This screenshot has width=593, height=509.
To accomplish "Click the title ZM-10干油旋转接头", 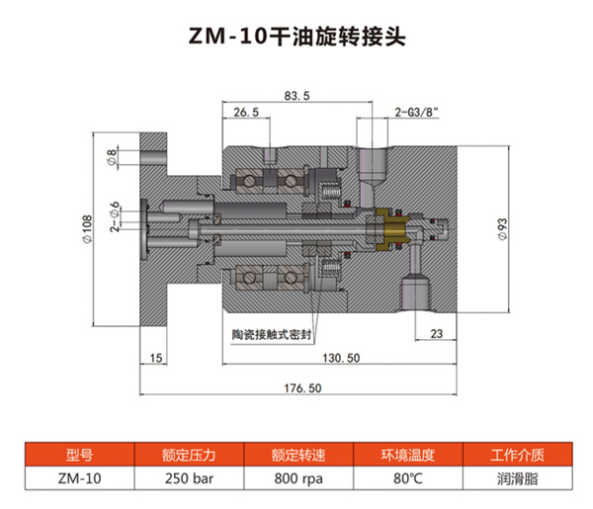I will click(296, 37).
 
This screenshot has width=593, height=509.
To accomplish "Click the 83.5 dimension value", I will click(297, 96).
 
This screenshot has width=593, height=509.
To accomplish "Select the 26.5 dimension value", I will click(246, 114).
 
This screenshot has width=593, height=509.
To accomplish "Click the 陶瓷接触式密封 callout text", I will click(271, 335).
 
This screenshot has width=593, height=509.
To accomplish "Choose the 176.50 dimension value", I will click(303, 388).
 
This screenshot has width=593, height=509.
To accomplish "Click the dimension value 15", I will click(156, 357).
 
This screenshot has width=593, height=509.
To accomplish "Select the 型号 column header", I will click(79, 456).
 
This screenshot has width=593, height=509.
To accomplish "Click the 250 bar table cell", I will click(188, 478).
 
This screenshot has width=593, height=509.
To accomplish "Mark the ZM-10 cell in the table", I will click(79, 478).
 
